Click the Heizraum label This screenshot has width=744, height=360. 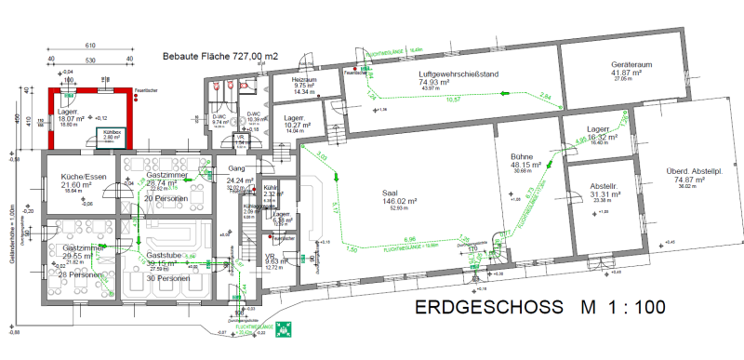tap(305, 80)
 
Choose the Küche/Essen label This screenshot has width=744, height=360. tap(75, 176)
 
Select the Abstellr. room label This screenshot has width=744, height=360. tap(604, 185)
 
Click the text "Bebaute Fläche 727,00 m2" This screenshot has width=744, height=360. tap(220, 56)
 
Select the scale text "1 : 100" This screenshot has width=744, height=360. tap(631, 307)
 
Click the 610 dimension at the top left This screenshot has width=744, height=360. tap(90, 46)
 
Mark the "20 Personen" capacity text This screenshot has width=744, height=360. tap(166, 199)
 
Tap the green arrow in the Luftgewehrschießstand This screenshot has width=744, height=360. tap(503, 92)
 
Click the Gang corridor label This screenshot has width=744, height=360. tap(235, 168)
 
